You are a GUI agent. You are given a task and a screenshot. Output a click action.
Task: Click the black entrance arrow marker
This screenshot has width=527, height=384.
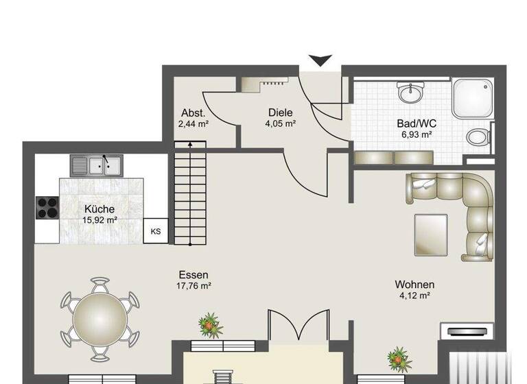tap(320, 61)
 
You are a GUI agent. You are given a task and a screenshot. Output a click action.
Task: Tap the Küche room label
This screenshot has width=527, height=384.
tap(99, 209)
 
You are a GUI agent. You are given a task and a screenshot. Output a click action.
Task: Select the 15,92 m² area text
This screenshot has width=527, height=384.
tap(99, 220)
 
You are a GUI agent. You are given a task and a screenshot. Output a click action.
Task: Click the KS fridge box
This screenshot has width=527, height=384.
tap(156, 231)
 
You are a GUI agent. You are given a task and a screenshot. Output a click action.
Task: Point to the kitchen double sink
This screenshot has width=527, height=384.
tap(96, 165)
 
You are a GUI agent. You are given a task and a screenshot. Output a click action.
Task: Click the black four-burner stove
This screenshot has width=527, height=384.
tap(47, 206)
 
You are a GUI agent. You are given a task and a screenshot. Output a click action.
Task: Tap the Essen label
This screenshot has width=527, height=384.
tap(193, 276)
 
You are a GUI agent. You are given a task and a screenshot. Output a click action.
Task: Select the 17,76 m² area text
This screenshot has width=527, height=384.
tap(193, 287)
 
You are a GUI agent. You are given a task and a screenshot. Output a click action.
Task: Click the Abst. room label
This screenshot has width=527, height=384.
tap(193, 113)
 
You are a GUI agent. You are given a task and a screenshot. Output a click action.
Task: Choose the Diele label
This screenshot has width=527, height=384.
tap(281, 112)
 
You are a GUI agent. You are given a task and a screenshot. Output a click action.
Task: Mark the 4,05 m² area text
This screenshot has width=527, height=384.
tap(281, 124)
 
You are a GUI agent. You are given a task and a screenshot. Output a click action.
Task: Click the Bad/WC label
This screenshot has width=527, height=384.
tap(417, 124)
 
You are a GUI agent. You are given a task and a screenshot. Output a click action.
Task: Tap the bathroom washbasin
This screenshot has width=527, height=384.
tap(412, 93)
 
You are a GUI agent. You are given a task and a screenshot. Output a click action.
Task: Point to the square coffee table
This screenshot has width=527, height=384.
tap(431, 234)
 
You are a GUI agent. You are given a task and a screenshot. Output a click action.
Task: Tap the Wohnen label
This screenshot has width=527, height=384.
tap(414, 285)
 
